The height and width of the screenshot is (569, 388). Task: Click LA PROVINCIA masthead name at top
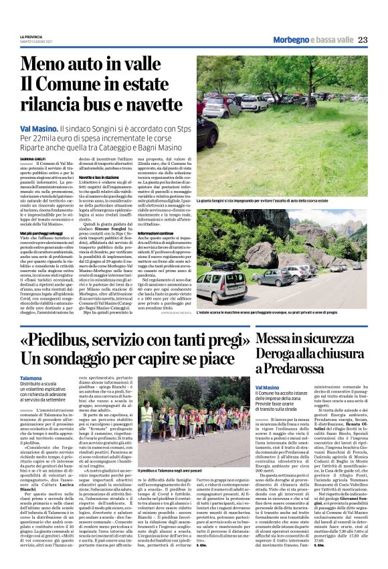(32, 36)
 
